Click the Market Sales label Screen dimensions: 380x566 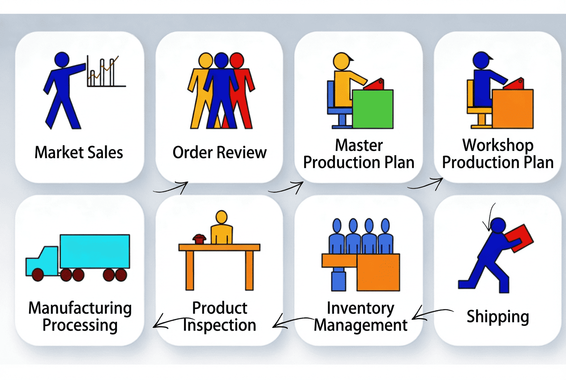pos(79,152)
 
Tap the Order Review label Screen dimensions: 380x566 pos(219,152)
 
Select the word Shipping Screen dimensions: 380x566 pos(497,316)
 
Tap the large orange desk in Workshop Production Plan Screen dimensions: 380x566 pos(513,108)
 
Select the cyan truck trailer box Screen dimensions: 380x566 pos(94,251)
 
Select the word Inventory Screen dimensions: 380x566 pos(360,308)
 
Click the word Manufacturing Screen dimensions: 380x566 pos(80,308)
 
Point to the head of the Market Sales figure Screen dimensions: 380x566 pos(61,60)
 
